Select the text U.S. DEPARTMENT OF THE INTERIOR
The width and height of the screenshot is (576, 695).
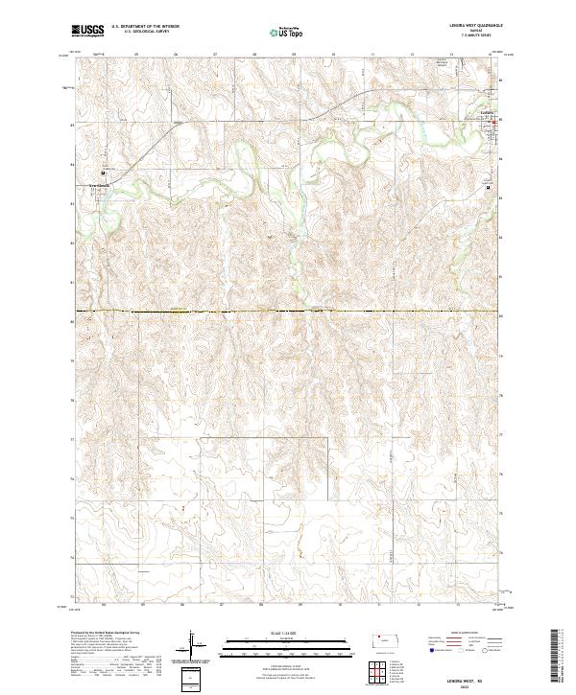pyautogui.click(x=145, y=27)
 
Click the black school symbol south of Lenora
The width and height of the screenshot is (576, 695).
pyautogui.click(x=488, y=188)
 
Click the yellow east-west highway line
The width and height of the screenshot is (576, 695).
pyautogui.click(x=288, y=312)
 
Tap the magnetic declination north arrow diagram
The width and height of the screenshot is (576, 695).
pyautogui.click(x=198, y=647)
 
